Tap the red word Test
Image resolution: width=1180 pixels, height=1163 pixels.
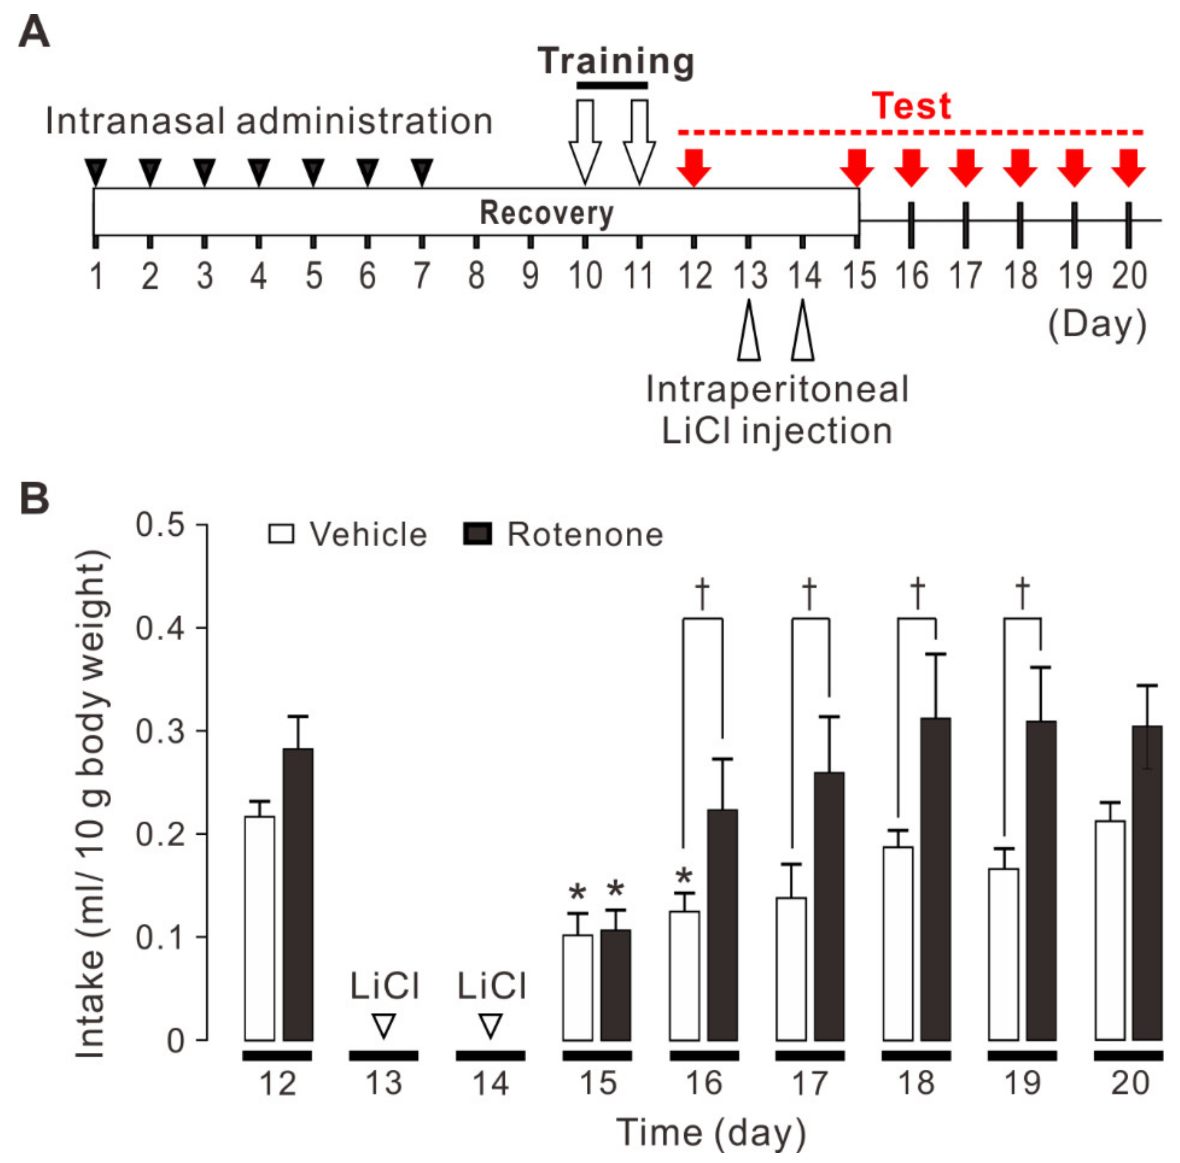pos(911,106)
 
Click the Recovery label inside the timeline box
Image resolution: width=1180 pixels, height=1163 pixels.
pos(546,213)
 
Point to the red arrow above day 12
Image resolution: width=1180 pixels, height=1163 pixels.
pos(694,167)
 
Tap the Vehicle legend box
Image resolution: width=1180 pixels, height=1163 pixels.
pos(281,534)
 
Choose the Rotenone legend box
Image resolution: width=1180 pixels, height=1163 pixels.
pos(478,534)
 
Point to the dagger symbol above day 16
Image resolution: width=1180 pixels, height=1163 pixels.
pos(702,593)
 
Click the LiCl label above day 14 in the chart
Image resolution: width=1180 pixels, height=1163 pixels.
pos(491,986)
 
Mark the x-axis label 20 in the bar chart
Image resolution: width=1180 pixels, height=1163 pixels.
pos(1129,1083)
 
